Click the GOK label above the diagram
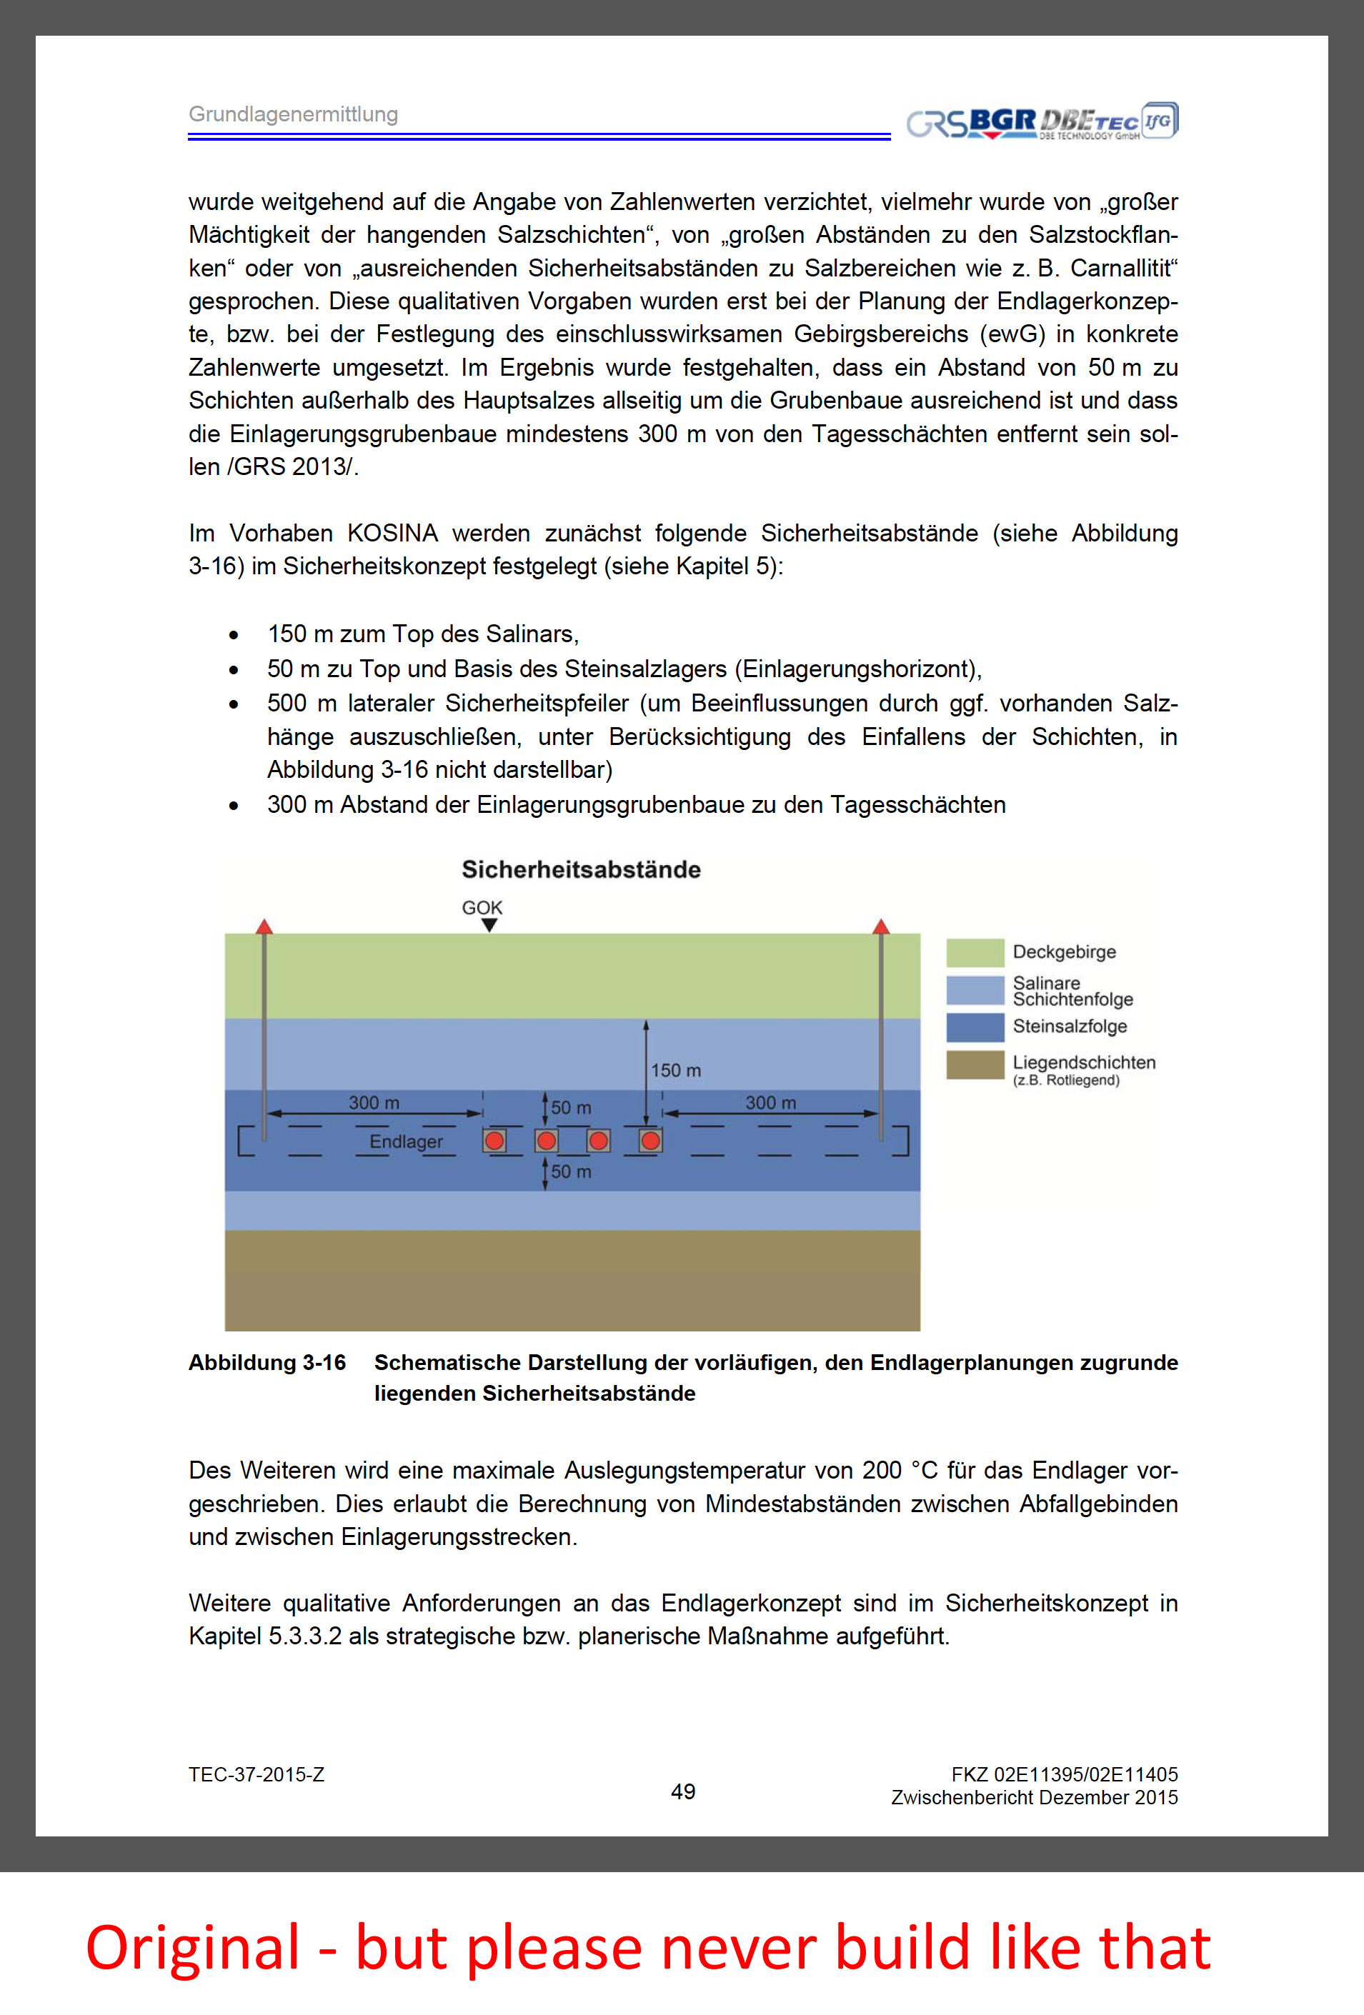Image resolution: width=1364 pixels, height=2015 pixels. point(482,907)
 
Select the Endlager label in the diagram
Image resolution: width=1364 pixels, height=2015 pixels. point(406,1141)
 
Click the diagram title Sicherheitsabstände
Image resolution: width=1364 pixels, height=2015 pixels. point(581,869)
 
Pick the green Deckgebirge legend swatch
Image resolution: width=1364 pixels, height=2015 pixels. point(975,952)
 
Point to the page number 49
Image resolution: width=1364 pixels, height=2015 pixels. point(682,1791)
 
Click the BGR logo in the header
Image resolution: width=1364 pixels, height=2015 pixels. point(1002,122)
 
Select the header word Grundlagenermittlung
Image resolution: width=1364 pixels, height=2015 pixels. point(293,114)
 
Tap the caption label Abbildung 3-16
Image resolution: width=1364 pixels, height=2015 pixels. point(267,1362)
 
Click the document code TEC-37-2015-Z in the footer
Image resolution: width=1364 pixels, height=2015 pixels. point(257,1775)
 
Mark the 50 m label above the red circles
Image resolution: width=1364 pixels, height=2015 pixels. point(571,1107)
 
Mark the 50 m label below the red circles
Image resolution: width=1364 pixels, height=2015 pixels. point(571,1171)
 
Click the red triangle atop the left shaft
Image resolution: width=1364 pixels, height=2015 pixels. point(264,926)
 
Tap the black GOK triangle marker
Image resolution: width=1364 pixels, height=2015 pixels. point(489,925)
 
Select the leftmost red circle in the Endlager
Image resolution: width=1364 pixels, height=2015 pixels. point(494,1141)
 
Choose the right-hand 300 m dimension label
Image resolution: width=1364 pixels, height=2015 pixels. point(770,1102)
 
